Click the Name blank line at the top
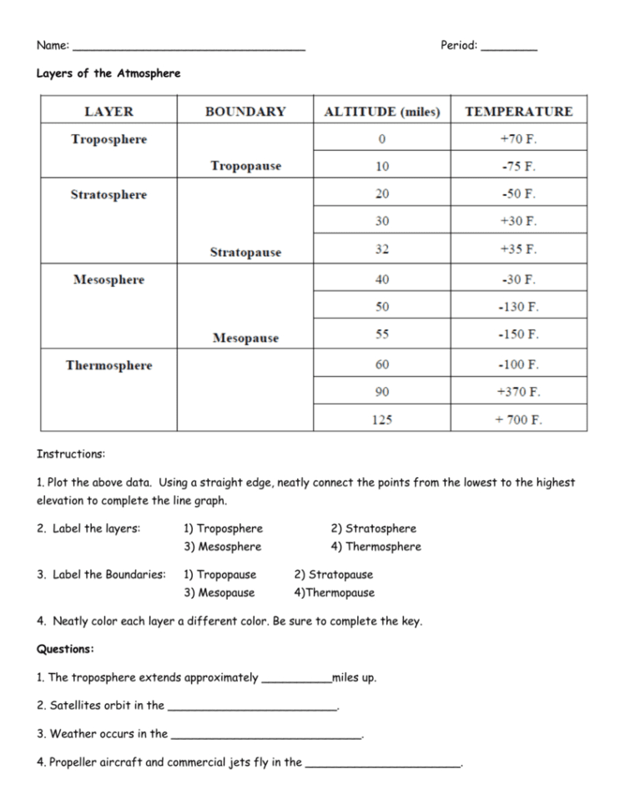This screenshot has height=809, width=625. click(x=189, y=48)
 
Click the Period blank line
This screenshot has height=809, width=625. click(x=509, y=48)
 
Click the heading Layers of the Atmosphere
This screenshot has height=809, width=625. click(x=108, y=73)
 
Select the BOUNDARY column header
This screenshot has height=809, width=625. click(x=245, y=112)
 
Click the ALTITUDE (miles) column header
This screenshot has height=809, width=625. click(x=381, y=112)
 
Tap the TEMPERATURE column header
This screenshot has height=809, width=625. click(x=518, y=112)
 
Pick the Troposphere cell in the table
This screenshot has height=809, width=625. click(x=108, y=139)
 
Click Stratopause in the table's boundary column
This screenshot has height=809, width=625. click(x=245, y=252)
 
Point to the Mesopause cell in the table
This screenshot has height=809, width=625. click(x=245, y=338)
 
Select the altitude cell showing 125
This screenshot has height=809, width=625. click(x=381, y=420)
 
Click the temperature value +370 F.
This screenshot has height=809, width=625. click(x=518, y=391)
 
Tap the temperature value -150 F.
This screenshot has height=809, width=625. click(x=518, y=334)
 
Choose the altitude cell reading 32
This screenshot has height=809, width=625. click(x=381, y=249)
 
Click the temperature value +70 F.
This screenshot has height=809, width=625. click(x=518, y=139)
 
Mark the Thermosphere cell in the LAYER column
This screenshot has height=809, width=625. click(x=108, y=365)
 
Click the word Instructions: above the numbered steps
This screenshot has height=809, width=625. click(x=71, y=455)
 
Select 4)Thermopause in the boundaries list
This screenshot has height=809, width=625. click(x=334, y=593)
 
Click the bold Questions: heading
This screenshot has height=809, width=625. click(x=65, y=649)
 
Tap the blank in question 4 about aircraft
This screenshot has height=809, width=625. click(x=383, y=764)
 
